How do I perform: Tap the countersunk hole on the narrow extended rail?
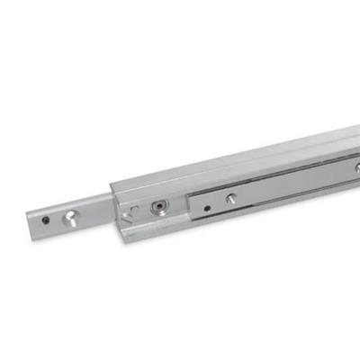click(68, 216)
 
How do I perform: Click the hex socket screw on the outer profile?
click(158, 207)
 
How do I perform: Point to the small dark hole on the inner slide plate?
click(207, 208)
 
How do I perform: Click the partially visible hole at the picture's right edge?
click(356, 167)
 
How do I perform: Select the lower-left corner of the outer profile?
click(121, 239)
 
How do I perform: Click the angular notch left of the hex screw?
click(132, 212)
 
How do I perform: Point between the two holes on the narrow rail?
click(57, 218)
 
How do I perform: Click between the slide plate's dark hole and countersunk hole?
click(219, 204)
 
